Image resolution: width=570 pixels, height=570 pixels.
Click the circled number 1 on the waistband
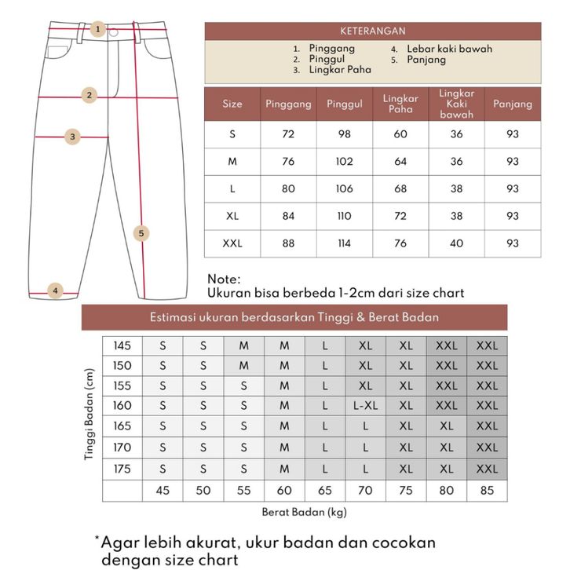98,30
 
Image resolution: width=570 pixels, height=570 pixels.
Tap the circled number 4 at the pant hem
55,290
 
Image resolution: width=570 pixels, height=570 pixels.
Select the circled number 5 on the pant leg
141,233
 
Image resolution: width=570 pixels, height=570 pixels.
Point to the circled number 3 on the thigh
72,137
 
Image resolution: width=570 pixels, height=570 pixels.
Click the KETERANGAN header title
373,31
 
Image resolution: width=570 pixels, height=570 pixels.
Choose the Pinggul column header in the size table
344,104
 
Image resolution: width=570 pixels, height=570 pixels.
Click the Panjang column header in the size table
513,104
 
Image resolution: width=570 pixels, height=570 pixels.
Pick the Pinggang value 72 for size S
288,134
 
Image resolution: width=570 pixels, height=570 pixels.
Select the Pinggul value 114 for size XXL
344,243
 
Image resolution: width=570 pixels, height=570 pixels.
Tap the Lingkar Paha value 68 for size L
400,189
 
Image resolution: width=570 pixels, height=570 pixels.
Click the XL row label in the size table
232,216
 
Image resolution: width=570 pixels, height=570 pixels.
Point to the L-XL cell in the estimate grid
365,406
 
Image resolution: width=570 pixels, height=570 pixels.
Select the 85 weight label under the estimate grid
487,491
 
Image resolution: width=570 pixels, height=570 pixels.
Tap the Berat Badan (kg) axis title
304,512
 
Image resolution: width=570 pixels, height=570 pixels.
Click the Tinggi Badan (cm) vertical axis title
90,416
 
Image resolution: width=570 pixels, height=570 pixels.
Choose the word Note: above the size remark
225,280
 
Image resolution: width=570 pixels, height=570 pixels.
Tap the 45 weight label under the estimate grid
163,491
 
